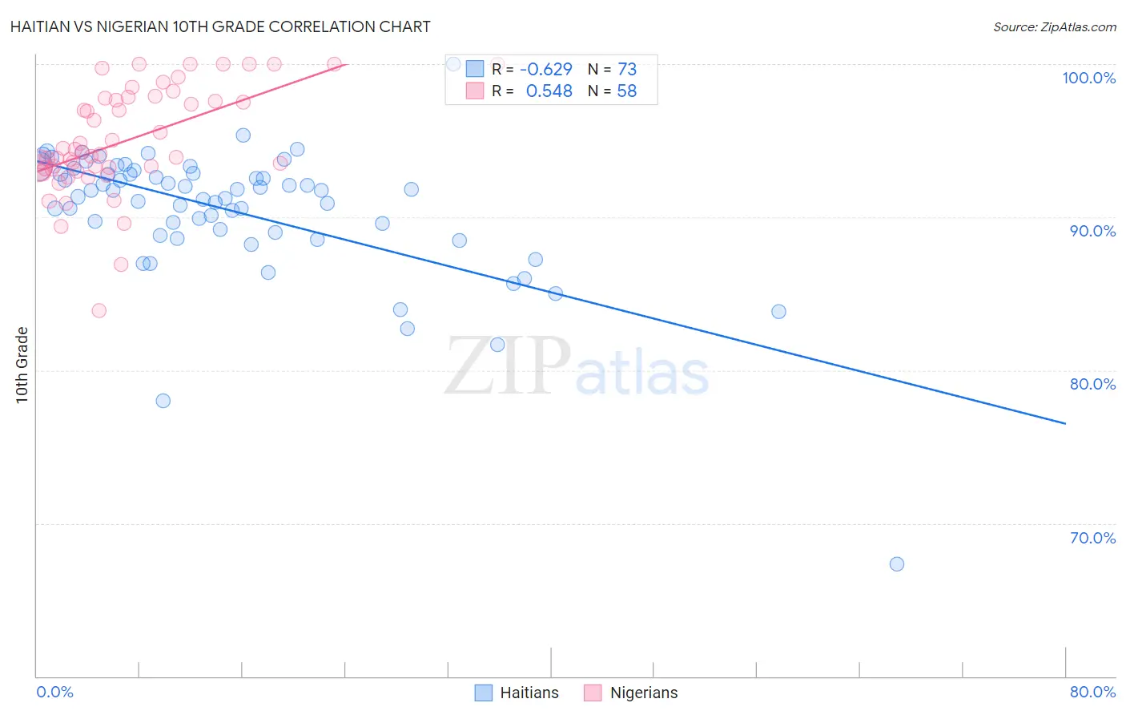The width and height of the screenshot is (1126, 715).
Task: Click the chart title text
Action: [x=220, y=26]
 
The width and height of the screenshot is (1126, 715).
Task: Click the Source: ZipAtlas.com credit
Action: [x=1054, y=26]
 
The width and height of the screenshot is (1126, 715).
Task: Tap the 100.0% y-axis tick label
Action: [x=1088, y=78]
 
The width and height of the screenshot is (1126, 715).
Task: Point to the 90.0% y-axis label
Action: [x=1092, y=231]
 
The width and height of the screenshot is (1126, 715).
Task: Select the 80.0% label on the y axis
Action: [x=1092, y=384]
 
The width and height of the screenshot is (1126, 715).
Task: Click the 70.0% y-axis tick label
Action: [x=1092, y=538]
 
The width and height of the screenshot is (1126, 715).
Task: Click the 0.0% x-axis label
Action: [x=55, y=692]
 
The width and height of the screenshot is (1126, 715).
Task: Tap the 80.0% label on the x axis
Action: [x=1092, y=692]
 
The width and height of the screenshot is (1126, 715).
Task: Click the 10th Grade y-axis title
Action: [x=22, y=365]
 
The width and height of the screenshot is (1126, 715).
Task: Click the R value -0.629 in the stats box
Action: [x=545, y=69]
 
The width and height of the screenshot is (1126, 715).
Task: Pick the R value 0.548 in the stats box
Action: [x=549, y=91]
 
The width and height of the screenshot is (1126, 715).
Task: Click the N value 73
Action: [x=626, y=69]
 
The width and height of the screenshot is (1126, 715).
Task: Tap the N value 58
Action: [x=626, y=91]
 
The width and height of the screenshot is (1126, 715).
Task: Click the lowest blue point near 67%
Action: [x=897, y=564]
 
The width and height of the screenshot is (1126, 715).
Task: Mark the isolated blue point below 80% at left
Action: [x=163, y=401]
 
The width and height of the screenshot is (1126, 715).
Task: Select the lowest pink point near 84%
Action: [x=99, y=310]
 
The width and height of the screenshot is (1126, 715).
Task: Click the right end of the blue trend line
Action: [x=1065, y=423]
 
